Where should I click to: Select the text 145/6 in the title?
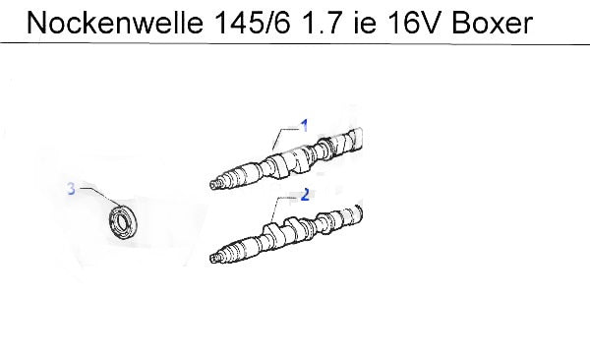[253, 23]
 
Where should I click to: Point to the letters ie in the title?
[365, 23]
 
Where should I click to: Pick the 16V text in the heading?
[414, 23]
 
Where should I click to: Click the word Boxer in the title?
[493, 23]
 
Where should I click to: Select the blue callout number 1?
[304, 126]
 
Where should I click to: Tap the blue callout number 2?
[305, 195]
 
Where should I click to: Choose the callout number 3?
[72, 188]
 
